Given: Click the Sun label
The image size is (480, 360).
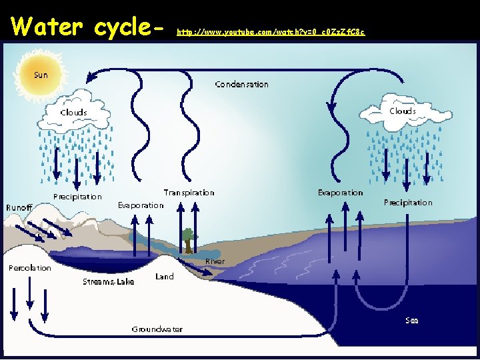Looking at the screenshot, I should pos(41,75).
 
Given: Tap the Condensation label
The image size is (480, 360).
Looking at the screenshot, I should pos(241,85).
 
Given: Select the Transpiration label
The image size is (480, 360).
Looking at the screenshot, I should pos(189,193).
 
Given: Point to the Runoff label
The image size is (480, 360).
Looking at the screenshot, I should pos(19,208).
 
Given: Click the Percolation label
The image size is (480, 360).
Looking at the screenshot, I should pos(30,268).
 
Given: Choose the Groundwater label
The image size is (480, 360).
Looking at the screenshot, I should pos(157,329).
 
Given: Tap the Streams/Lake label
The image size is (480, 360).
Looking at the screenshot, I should pos(108,282).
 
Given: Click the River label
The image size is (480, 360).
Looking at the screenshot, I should pos(215,261).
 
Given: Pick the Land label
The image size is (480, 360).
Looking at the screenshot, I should pos(164,277).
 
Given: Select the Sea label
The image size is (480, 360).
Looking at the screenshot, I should pos(412,321).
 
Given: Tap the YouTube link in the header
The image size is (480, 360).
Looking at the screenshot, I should pos(271,32).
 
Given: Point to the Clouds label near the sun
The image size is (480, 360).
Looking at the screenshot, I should pos(73,113).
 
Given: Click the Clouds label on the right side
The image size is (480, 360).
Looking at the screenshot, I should pos(402,111).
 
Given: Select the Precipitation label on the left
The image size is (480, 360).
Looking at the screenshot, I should pos(78,197).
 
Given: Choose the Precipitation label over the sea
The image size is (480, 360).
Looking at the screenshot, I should pos(408,203).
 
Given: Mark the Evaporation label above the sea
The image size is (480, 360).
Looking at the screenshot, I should pos(340,193).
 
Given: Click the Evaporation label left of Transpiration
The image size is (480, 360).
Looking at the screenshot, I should pos(141,205).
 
